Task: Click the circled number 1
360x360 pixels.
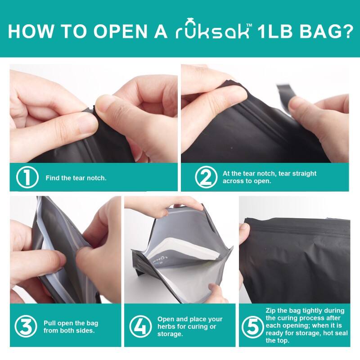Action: point(27,177)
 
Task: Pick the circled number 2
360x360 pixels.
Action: point(206,177)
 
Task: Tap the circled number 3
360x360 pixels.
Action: point(26,327)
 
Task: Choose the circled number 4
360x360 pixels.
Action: point(140,327)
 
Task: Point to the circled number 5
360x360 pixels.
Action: point(253,327)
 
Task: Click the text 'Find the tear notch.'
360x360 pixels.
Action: point(76,178)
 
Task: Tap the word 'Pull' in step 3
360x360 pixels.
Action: point(49,323)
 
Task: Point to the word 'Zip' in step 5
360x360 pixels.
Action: point(270,310)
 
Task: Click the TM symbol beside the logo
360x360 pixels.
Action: point(249,25)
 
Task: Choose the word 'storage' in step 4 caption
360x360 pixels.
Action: point(169,334)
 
